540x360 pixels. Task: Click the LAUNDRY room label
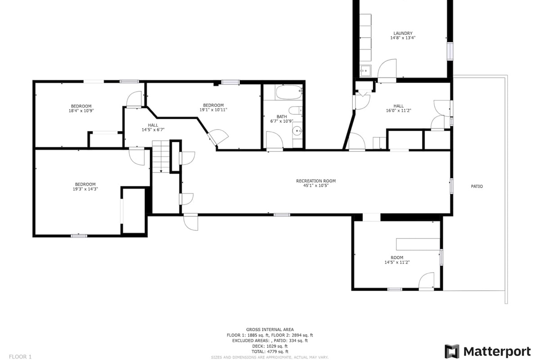403,33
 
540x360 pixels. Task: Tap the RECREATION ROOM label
316,181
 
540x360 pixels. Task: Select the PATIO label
477,186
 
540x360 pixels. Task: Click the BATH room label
282,117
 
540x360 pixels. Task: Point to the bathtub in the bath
289,92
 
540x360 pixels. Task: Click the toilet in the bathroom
295,110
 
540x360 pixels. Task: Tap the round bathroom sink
297,131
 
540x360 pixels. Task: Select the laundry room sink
365,71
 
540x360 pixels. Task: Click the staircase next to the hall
161,157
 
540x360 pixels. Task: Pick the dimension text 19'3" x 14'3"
85,189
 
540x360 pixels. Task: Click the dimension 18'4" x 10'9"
81,111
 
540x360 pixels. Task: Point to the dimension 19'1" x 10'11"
213,110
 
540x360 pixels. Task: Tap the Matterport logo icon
452,351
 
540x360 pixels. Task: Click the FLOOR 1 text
20,356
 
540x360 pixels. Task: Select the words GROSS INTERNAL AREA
270,329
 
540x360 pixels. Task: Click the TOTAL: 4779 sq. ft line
270,351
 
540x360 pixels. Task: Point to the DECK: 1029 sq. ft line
270,346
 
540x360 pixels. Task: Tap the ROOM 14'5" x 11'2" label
397,260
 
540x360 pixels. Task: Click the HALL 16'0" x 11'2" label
399,108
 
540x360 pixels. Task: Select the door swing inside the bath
274,140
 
